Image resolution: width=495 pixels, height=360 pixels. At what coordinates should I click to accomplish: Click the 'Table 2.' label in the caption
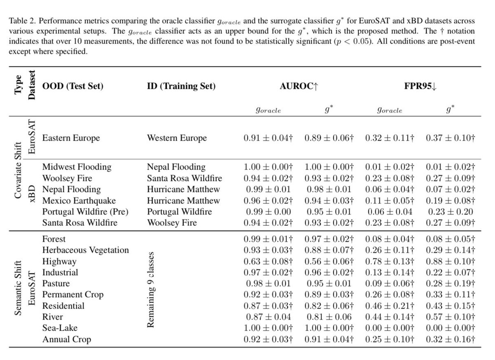pyautogui.click(x=18, y=21)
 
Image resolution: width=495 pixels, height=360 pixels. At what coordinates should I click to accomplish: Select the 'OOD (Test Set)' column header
pyautogui.click(x=73, y=86)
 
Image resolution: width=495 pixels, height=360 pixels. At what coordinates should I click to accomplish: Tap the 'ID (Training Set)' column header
pyautogui.click(x=181, y=86)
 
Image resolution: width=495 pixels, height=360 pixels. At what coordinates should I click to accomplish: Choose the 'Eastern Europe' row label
pyautogui.click(x=71, y=138)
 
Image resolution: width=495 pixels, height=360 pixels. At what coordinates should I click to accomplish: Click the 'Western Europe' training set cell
pyautogui.click(x=177, y=138)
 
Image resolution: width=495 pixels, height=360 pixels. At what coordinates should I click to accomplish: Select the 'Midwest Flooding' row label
pyautogui.click(x=77, y=167)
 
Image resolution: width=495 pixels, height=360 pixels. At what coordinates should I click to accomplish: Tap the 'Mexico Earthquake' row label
pyautogui.click(x=79, y=201)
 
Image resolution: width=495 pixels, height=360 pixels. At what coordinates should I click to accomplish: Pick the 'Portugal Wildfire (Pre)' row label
pyautogui.click(x=86, y=212)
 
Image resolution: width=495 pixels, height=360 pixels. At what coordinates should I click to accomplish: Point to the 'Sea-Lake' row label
pyautogui.click(x=60, y=328)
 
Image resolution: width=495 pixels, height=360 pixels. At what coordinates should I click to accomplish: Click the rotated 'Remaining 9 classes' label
pyautogui.click(x=151, y=289)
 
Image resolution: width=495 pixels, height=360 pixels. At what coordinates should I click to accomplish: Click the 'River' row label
pyautogui.click(x=53, y=317)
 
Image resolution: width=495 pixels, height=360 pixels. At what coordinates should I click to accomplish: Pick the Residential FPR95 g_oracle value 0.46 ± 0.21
pyautogui.click(x=390, y=306)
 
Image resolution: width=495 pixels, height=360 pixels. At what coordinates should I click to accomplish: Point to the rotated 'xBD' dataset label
pyautogui.click(x=32, y=194)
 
